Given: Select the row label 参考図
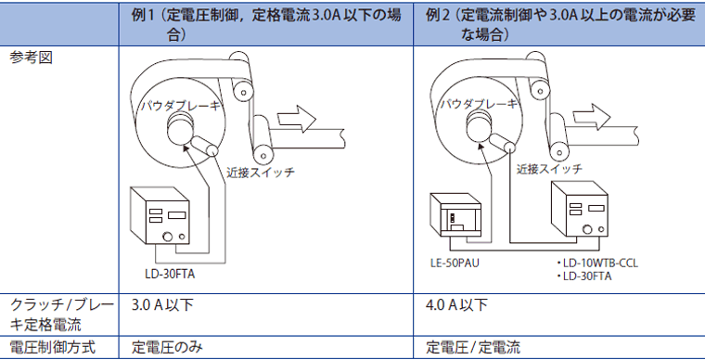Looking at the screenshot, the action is click(x=31, y=58).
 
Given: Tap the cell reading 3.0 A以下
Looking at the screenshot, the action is click(x=162, y=305).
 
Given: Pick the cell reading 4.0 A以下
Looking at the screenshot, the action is click(x=456, y=305).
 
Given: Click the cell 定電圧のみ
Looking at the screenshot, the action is click(x=167, y=347).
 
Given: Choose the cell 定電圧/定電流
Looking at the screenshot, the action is click(x=473, y=347).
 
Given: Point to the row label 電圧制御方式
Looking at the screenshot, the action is click(x=53, y=347).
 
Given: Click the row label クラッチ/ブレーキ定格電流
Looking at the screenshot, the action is click(x=61, y=315).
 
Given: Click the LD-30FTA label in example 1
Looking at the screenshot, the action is click(x=170, y=274).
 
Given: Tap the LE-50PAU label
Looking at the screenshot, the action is click(x=455, y=263).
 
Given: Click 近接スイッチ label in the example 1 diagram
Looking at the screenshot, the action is click(x=261, y=173).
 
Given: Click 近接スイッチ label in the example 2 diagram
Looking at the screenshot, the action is click(x=549, y=169).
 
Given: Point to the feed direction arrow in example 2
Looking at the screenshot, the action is click(x=592, y=117).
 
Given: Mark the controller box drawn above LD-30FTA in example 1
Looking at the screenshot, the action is click(x=160, y=215).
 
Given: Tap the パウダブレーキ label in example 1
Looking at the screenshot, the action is click(x=181, y=106).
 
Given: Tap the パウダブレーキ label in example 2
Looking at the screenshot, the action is click(x=479, y=104).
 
